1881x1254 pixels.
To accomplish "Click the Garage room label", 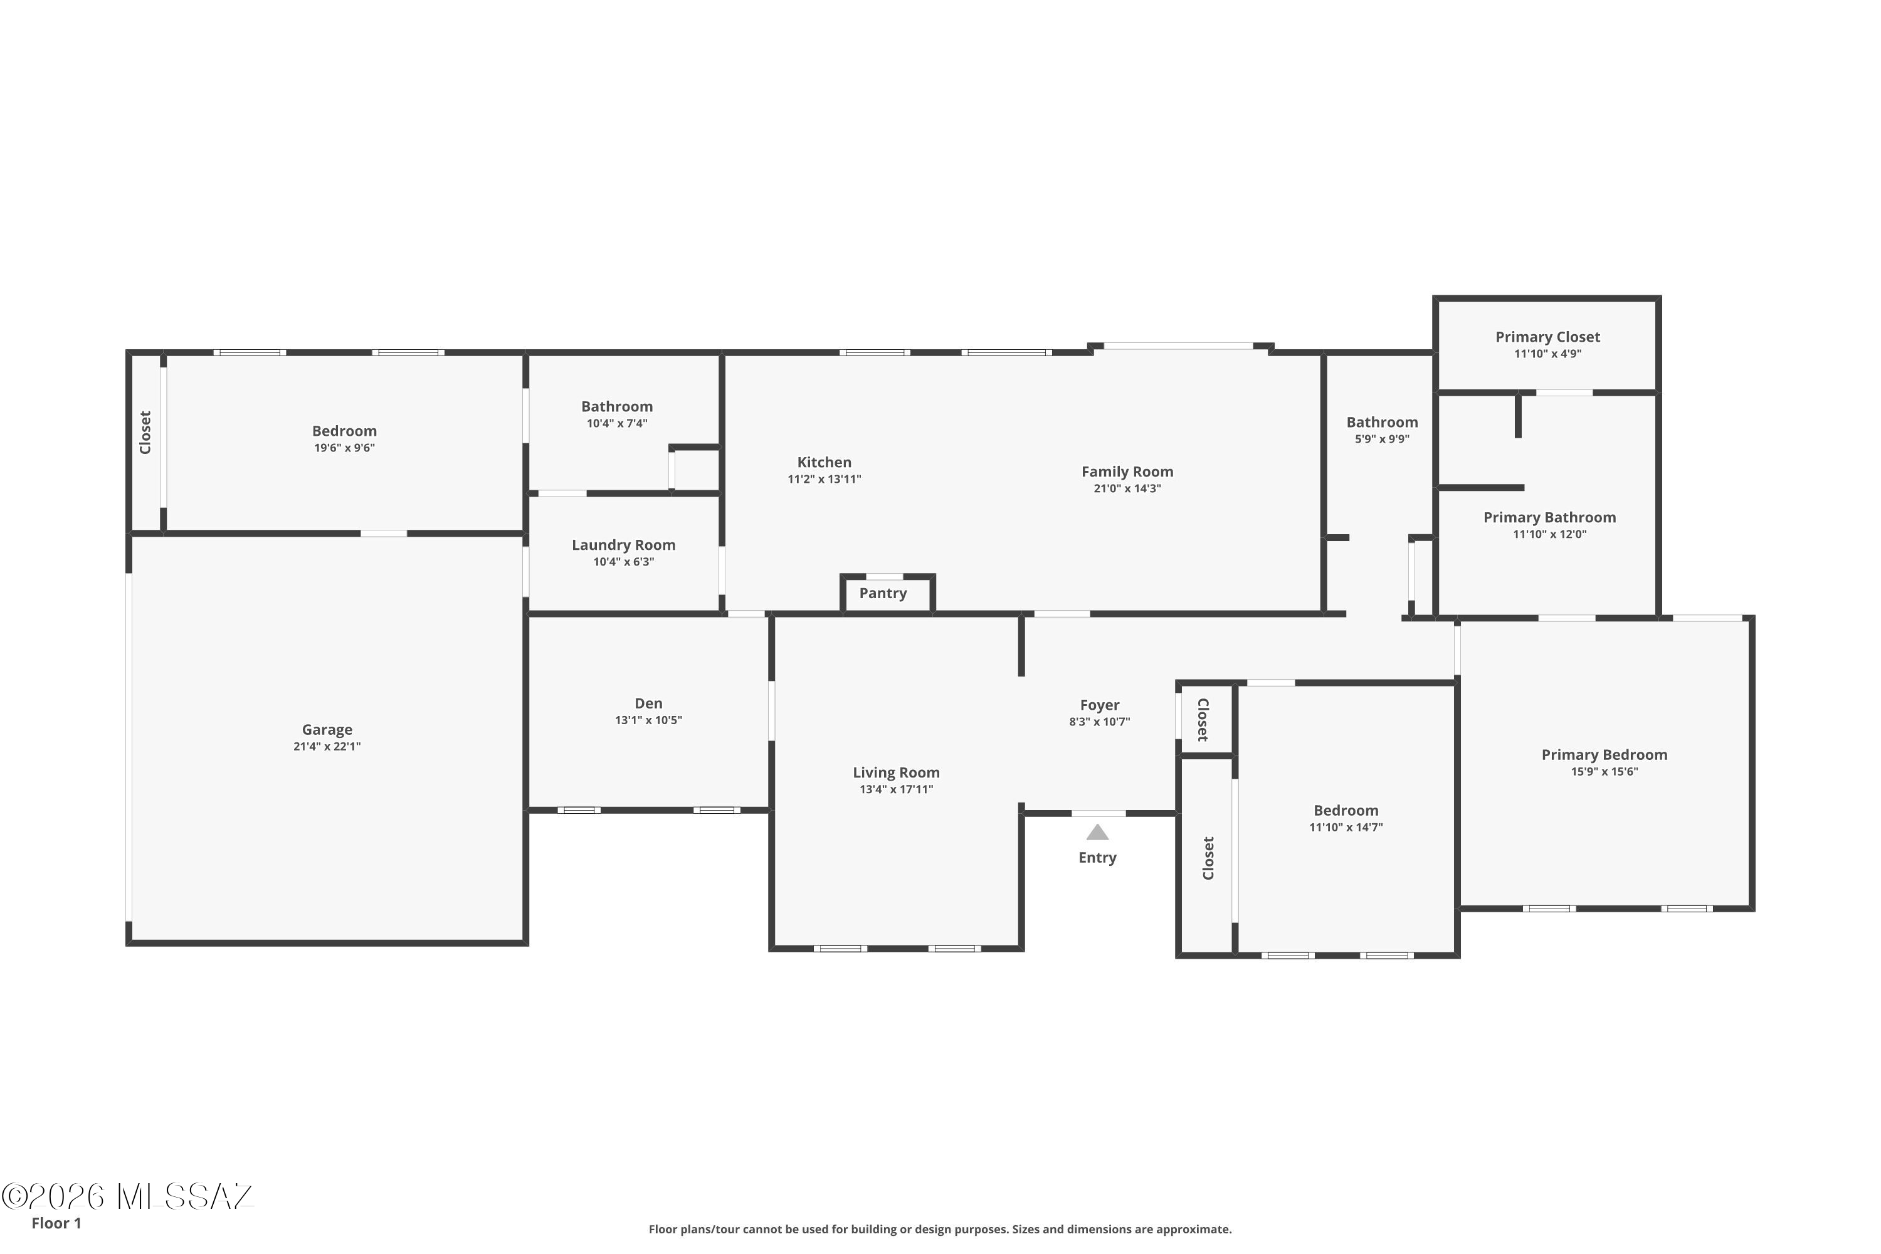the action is [327, 729].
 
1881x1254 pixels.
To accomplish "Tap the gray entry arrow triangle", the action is [1097, 833].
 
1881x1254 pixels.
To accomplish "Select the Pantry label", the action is [883, 593].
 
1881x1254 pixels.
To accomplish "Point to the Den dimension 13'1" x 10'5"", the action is [648, 720].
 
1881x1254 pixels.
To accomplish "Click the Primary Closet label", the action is [1547, 337].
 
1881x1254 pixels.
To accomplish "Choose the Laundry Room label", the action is [624, 545].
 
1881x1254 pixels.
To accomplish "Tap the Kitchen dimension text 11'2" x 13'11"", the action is [825, 479].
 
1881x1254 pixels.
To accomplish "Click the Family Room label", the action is [1127, 472].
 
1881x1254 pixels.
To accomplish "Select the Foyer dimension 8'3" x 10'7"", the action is [1100, 722].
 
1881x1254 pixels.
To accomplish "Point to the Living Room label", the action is [897, 772].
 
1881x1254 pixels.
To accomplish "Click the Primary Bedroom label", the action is [1604, 755].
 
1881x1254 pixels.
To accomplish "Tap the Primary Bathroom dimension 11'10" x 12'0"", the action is [1550, 534].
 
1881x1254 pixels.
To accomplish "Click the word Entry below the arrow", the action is [1097, 857].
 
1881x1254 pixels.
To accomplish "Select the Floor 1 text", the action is [56, 1223].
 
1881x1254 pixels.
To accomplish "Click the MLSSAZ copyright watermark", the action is [127, 1196].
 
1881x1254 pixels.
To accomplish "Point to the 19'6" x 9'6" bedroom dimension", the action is [345, 448].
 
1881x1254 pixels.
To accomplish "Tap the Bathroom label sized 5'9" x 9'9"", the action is [1382, 422].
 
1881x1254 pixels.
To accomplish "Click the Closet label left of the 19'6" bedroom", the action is [145, 433].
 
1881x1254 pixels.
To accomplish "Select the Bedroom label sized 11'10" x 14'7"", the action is [1346, 811].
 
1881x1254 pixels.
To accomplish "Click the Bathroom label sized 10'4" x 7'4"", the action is [616, 407].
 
